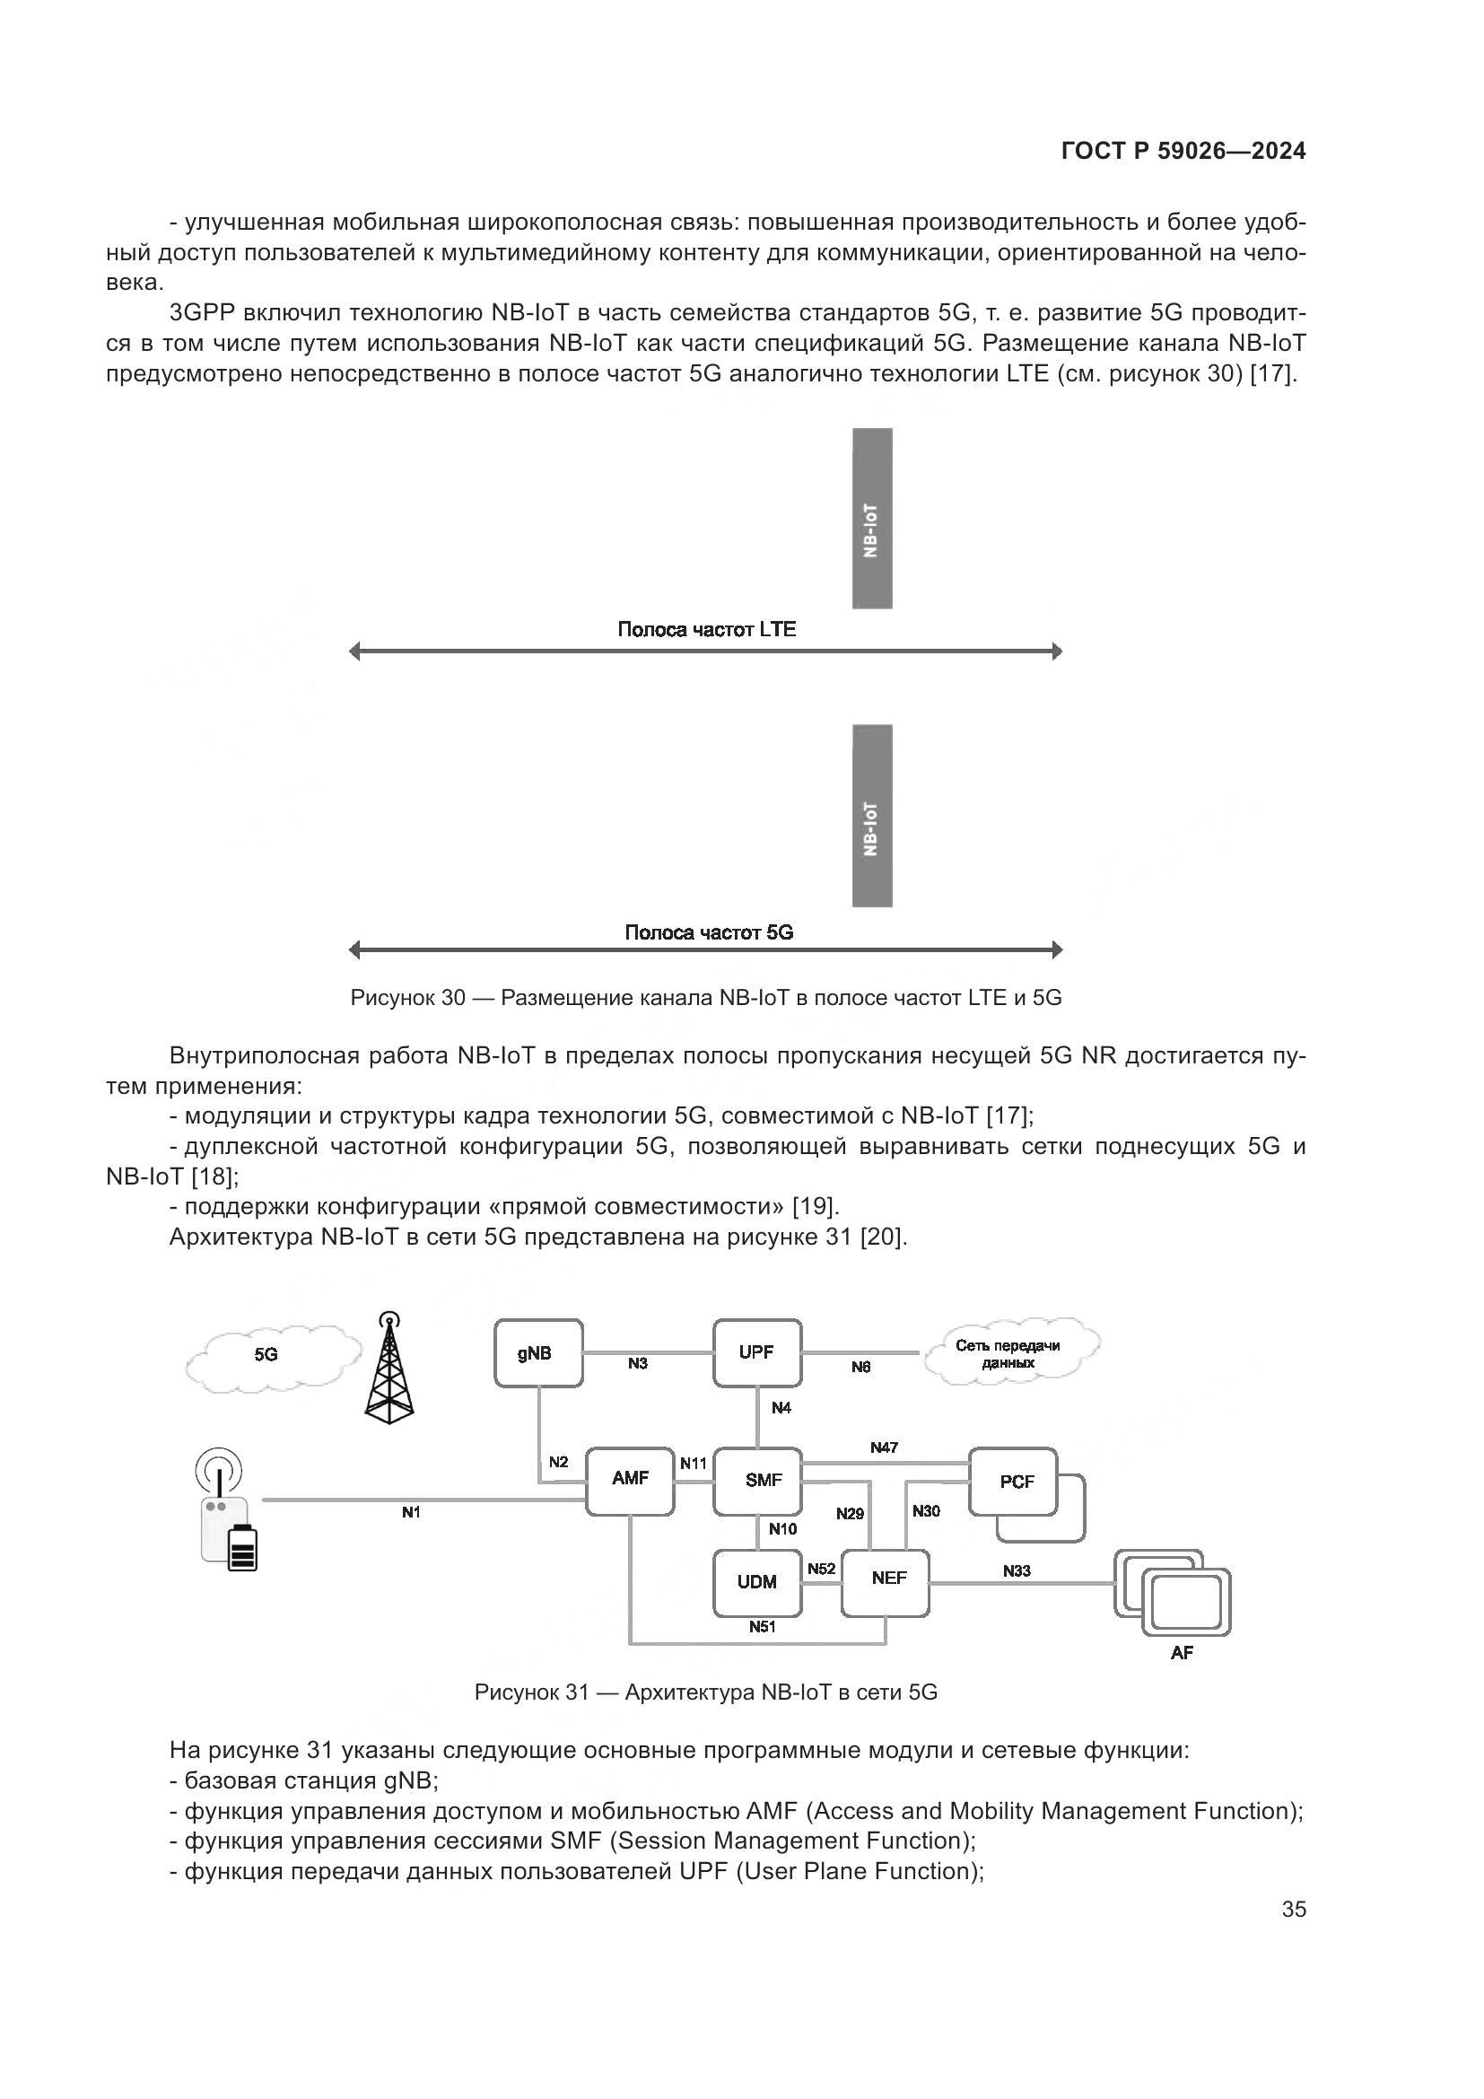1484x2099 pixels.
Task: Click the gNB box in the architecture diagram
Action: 538,1353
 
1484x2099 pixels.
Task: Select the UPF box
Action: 756,1353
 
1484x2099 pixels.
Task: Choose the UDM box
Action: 756,1582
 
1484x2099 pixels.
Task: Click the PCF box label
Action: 1017,1482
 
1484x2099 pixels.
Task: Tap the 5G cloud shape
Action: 273,1357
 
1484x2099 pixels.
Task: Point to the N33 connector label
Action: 1017,1570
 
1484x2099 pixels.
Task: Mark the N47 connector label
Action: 884,1448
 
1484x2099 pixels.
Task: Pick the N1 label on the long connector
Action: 411,1513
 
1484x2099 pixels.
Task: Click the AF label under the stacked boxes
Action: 1182,1653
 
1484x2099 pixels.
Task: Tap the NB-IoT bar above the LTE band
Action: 872,519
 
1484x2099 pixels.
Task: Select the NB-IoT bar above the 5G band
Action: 872,816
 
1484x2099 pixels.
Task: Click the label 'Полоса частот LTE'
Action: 706,629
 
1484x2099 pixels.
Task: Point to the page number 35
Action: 1294,1910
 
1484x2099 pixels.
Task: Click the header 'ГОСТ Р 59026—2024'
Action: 1183,152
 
